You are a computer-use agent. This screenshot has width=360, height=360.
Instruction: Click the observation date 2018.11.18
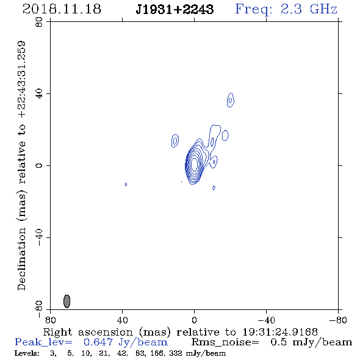[x=62, y=9]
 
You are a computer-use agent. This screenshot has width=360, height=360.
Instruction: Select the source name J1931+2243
[x=175, y=10]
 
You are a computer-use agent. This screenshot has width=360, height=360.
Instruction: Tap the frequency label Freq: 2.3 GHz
[x=286, y=10]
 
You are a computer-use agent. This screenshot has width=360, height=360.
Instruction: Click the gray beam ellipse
[x=67, y=301]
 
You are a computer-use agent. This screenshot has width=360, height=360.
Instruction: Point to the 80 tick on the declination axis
[x=39, y=22]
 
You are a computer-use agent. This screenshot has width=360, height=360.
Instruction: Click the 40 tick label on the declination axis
[x=39, y=94]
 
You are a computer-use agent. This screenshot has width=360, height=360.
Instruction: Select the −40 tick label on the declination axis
[x=39, y=237]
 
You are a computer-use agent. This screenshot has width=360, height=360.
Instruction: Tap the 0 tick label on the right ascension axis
[x=194, y=320]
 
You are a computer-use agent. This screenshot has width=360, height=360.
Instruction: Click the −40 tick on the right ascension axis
[x=266, y=320]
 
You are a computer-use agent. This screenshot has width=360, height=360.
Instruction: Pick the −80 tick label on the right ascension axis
[x=338, y=320]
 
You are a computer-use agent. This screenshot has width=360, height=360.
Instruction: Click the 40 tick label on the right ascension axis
[x=122, y=320]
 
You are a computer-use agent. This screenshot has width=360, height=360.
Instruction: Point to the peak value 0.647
[x=98, y=342]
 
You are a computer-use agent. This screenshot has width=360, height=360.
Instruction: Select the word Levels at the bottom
[x=27, y=353]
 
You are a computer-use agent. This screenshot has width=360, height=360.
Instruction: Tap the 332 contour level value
[x=176, y=353]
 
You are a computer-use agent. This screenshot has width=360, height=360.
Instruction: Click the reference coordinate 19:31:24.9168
[x=280, y=332]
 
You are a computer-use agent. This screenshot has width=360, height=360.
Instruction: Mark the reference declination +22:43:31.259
[x=22, y=79]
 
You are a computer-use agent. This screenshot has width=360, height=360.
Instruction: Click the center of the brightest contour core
[x=194, y=164]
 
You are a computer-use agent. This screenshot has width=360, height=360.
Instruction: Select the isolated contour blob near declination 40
[x=231, y=100]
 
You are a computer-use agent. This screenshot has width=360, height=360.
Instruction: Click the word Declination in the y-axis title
[x=22, y=259]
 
